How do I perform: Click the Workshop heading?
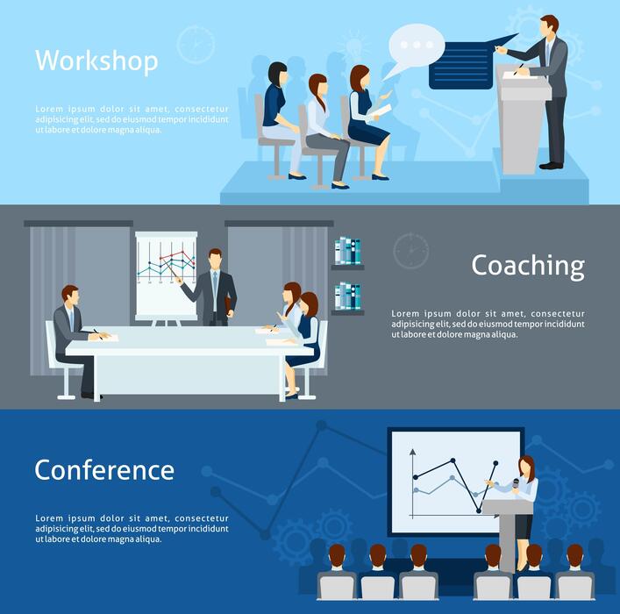96,61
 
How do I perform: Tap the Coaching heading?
527,265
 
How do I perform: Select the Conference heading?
104,470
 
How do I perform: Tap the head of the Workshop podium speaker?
548,25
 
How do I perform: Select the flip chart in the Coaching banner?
166,274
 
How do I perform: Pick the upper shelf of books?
348,252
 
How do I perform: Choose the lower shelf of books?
348,296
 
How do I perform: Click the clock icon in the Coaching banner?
410,251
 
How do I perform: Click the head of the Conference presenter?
525,465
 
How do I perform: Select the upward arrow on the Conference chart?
412,455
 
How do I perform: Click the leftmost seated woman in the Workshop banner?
280,114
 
